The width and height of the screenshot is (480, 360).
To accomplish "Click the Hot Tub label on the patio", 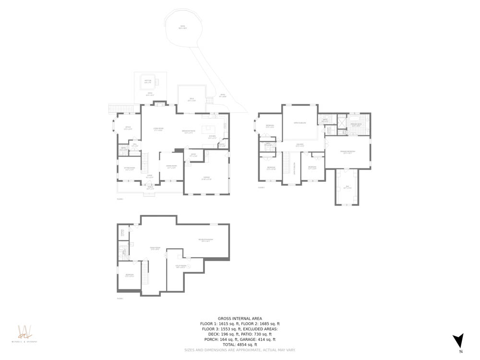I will [x=148, y=82].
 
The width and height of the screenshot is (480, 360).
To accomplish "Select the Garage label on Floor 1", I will [x=206, y=178].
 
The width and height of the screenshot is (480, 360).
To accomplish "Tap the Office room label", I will [x=128, y=129].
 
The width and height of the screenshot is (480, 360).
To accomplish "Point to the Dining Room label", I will [x=171, y=167].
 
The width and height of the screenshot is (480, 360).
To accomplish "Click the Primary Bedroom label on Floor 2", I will [x=348, y=153].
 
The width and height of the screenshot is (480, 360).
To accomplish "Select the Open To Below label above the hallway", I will [x=300, y=123].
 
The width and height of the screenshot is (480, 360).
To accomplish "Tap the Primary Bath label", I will [x=356, y=125].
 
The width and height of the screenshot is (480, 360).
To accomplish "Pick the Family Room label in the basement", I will [x=155, y=249].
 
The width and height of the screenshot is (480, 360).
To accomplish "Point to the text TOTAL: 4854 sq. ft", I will [x=240, y=344].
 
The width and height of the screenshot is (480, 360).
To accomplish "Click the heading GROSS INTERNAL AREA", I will [x=240, y=318].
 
